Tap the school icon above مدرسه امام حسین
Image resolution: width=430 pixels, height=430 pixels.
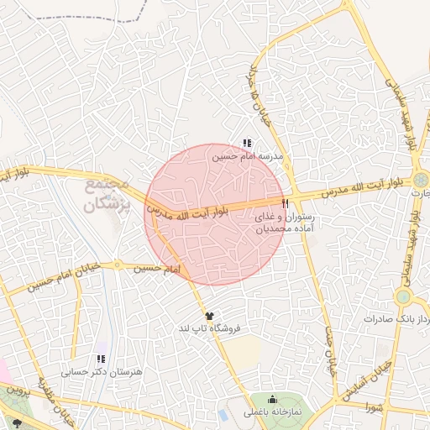[x=246, y=143]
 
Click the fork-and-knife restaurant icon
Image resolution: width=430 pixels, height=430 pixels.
[x=286, y=202]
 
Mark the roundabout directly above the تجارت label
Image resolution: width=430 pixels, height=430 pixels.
[x=419, y=179]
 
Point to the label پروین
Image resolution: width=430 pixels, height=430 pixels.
[x=18, y=391]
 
